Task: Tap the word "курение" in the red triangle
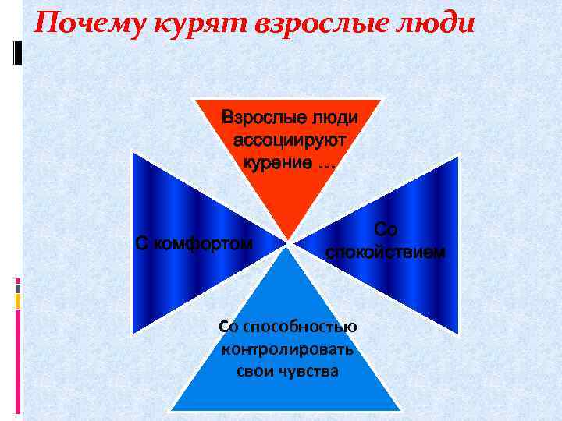[x=277, y=163]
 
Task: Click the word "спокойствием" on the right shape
[x=386, y=252]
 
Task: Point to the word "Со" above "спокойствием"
[x=386, y=229]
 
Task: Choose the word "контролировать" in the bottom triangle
[x=287, y=348]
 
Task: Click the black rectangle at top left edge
[x=17, y=52]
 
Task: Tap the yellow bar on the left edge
[x=17, y=301]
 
